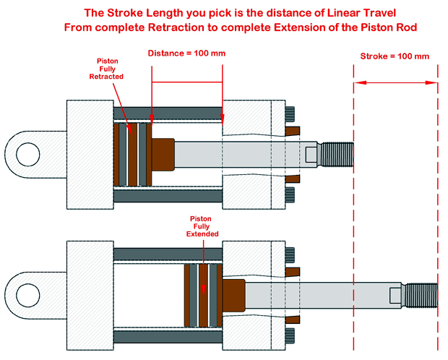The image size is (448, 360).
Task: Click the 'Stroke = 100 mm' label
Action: [395, 56]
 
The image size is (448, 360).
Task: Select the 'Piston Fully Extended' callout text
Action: [203, 226]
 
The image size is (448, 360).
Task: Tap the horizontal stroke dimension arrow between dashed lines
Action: [395, 82]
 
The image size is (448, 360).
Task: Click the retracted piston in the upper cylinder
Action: [133, 154]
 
